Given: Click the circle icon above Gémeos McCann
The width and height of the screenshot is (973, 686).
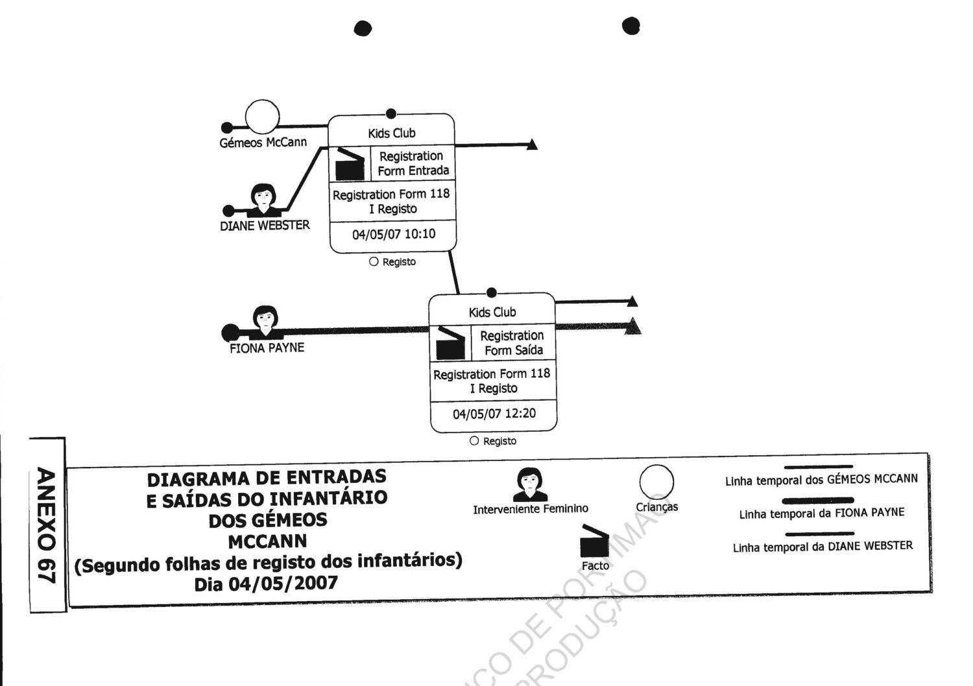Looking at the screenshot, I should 262,117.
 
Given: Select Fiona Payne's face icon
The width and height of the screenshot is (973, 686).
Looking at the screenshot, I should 265,321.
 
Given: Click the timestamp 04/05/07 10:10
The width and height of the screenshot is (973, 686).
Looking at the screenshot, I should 394,234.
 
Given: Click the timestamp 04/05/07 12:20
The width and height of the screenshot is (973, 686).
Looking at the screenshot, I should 494,414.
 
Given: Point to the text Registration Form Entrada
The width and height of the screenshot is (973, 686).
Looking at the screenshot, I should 413,163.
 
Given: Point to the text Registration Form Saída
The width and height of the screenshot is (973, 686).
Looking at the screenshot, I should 512,343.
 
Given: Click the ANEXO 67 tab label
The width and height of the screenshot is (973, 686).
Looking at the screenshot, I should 47,525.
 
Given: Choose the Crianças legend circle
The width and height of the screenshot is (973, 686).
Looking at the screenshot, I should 656,482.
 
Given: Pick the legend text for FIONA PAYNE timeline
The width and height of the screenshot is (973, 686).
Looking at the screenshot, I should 821,514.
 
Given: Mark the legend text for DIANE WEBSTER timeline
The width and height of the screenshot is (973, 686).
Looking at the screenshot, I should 823,547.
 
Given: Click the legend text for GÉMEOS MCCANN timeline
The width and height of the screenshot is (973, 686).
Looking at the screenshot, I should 821,480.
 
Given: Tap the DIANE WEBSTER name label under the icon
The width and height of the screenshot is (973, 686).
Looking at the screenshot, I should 265,226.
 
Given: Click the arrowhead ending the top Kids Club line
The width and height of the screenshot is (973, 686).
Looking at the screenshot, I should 532,145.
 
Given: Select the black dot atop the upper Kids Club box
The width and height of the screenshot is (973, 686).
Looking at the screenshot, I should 390,114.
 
